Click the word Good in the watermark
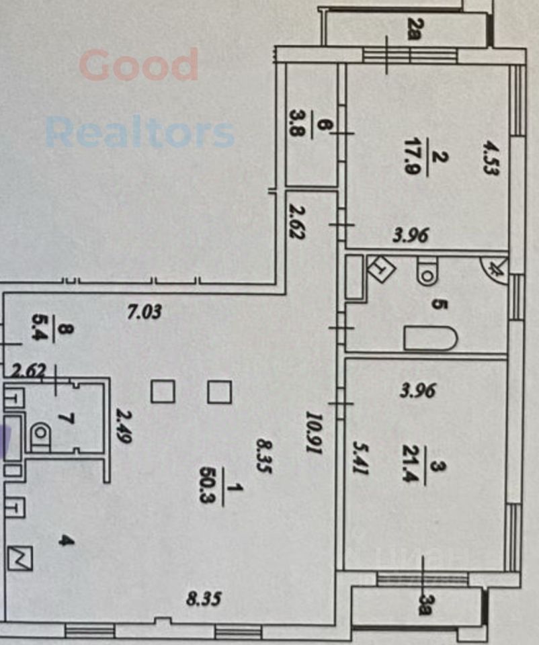click(139, 64)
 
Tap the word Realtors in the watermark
click(140, 132)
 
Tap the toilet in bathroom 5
click(427, 272)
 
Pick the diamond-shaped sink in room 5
click(382, 269)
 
